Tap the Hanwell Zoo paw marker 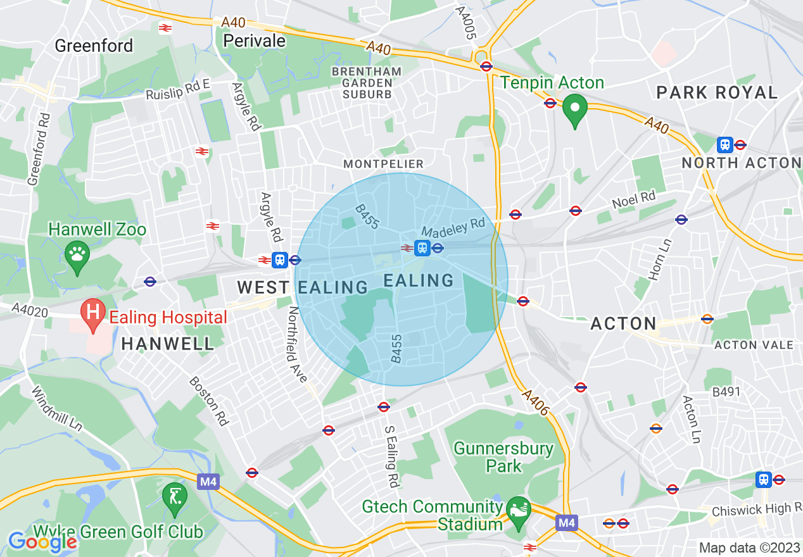point(77,256)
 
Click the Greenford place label point(94,46)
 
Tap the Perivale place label point(255,41)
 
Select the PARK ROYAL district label point(717,92)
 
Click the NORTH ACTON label point(741,163)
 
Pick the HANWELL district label point(168,344)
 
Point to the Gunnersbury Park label point(504,458)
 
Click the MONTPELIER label point(383,164)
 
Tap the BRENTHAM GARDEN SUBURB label point(367,83)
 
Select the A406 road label point(535,403)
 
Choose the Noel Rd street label point(633,200)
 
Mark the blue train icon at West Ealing point(279,260)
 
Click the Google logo point(42,542)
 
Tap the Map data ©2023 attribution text point(749,548)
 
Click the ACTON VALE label point(754,345)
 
